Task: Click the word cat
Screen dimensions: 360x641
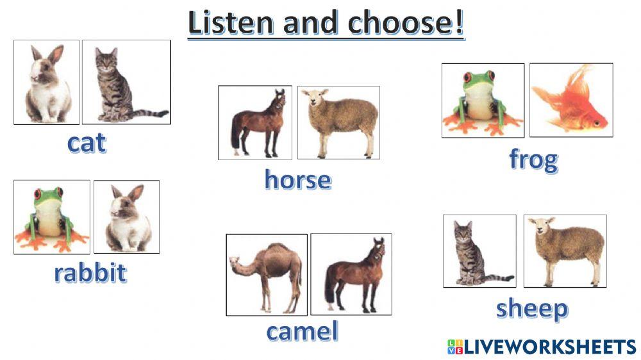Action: coord(87,143)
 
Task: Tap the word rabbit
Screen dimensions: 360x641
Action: coord(90,273)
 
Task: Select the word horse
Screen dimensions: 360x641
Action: coord(297,180)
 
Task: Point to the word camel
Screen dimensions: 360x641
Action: coord(301,331)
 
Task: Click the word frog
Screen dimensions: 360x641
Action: coord(533,159)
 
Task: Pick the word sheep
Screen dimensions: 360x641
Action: coord(531,309)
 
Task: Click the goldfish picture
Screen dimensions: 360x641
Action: coord(570,100)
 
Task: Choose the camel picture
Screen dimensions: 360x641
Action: coord(266,274)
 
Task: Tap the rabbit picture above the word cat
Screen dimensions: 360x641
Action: coord(46,82)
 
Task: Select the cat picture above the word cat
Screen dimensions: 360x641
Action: coord(126,82)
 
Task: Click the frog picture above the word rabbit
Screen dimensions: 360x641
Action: coord(51,217)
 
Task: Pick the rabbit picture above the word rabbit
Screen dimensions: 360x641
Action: coord(126,217)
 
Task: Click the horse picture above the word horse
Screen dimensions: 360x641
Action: coord(255,122)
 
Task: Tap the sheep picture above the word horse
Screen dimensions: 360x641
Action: coord(338,122)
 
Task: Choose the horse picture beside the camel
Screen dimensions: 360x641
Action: coord(351,274)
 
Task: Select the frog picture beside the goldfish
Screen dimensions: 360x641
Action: coord(482,100)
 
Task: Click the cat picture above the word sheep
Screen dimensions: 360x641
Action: coord(479,251)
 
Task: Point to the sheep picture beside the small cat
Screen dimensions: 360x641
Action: coord(565,251)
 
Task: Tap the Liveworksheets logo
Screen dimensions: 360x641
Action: coord(541,347)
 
